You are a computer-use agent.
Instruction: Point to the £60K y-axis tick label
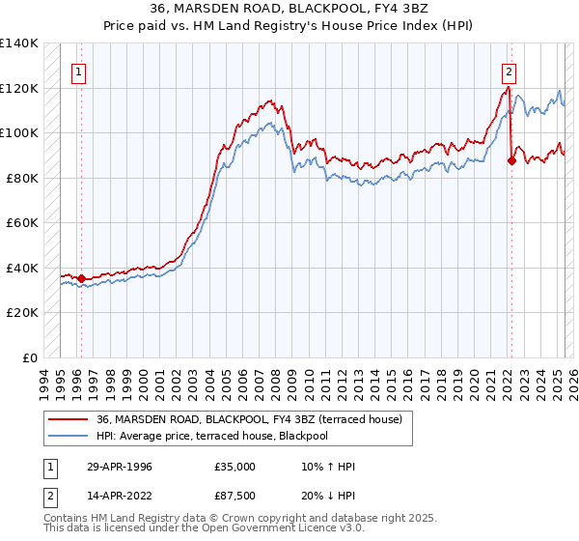click(x=21, y=222)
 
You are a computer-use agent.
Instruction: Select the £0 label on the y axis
click(x=29, y=357)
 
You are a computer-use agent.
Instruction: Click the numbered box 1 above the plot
click(x=77, y=70)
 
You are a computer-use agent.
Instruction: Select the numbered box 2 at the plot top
click(x=508, y=70)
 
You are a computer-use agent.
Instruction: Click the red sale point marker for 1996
click(x=81, y=279)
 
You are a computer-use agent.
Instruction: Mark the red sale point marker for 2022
click(x=511, y=161)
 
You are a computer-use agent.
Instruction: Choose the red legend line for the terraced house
click(x=69, y=419)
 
